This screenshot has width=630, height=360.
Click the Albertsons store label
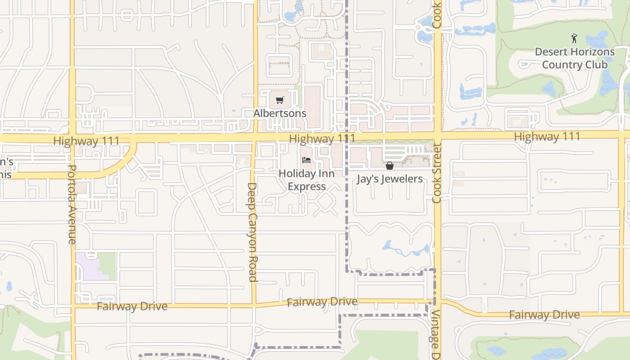coord(279,113)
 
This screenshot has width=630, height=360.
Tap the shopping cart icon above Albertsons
coord(280,100)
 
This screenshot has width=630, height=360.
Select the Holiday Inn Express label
coord(306,180)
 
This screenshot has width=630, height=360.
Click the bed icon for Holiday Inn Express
coord(306,160)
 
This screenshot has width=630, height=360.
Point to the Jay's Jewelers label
coord(390,179)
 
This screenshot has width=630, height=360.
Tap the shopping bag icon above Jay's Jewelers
coord(390,166)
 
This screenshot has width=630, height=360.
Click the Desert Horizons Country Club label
coord(574,58)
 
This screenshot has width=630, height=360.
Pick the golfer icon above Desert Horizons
coord(574,38)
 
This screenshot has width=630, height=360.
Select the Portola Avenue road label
coord(72,204)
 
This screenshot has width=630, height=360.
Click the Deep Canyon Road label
coord(252,232)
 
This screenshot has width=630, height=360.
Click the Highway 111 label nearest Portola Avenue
coord(86,141)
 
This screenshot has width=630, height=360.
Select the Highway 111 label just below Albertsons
coord(322,139)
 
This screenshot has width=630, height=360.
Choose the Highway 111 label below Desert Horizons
coord(547,136)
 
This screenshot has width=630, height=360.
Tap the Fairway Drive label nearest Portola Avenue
coord(132,306)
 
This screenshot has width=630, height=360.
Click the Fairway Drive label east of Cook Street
coord(544,315)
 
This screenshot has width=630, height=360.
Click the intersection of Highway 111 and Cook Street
coord(437,135)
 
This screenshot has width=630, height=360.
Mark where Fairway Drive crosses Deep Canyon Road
coord(254,305)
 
